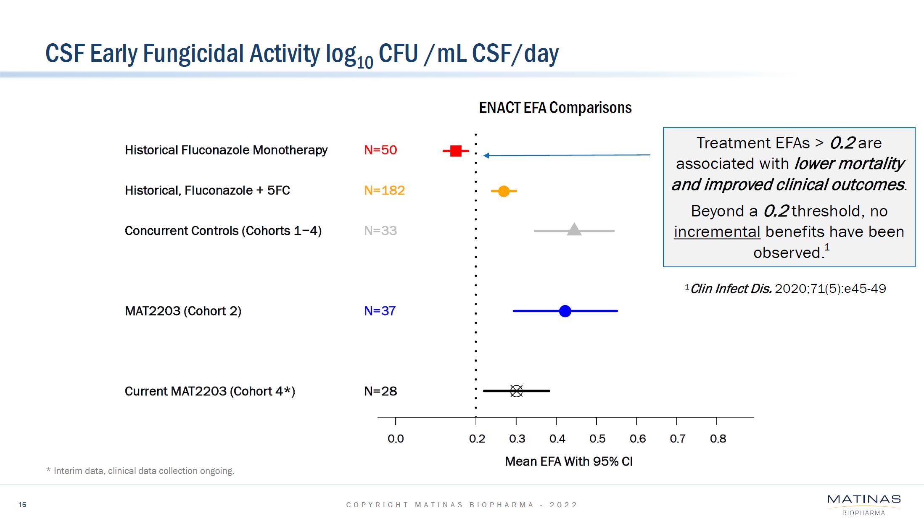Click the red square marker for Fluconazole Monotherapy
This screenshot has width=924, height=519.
point(456,150)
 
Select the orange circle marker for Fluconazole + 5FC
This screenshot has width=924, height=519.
point(504,191)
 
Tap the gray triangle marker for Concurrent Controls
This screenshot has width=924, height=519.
point(574,230)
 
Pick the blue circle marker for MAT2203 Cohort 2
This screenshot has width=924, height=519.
point(565,311)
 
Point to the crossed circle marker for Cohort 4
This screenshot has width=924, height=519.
point(516,391)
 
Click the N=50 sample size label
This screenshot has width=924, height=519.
point(380,150)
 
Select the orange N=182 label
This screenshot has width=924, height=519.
point(384,190)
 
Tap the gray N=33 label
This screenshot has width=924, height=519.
point(380,231)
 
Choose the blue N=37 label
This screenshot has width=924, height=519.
point(380,311)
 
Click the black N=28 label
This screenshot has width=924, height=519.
point(380,391)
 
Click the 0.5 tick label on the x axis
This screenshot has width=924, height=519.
point(597,439)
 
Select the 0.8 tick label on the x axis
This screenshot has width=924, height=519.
point(718,439)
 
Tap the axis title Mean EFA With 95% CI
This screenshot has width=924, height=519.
point(569,461)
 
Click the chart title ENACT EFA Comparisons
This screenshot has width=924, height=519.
point(555,108)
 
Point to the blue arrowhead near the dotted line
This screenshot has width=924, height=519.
point(486,155)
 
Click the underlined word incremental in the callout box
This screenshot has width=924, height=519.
point(717,232)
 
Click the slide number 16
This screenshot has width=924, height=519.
point(22,504)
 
